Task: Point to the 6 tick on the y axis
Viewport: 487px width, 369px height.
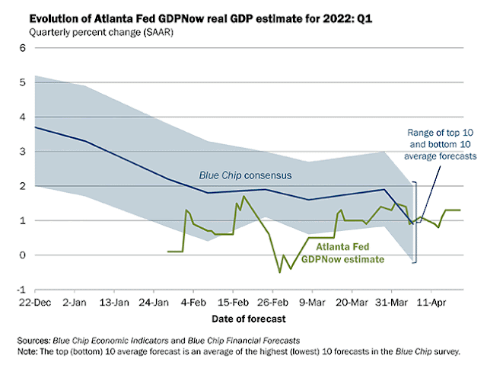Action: tap(23, 47)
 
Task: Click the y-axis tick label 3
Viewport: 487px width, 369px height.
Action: tap(23, 151)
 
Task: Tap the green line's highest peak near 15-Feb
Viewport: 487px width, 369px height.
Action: tap(243, 197)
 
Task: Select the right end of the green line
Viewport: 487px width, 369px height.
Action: tap(460, 210)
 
